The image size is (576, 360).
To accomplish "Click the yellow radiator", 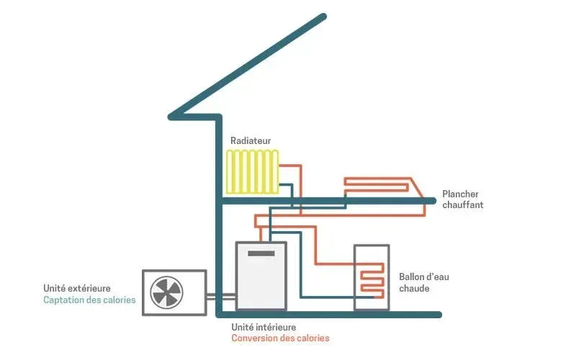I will coord(251,171).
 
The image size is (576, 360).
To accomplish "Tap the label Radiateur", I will coord(251,140).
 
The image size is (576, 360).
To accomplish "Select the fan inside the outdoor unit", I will coord(166,293).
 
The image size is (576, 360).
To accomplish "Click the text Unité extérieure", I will coord(77,289).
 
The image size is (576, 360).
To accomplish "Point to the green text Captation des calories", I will coord(89,300).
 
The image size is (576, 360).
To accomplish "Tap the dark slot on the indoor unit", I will coord(261,253).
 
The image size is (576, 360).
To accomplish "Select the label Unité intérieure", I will coord(263,327).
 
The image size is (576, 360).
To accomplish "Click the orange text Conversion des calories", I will coord(280,338).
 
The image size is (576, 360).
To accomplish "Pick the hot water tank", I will coord(371,278).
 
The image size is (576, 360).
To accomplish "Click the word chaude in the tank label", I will coord(415,289).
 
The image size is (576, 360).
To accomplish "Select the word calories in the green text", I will coord(118,300).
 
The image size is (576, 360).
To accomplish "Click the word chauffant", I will coord(462,205).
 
